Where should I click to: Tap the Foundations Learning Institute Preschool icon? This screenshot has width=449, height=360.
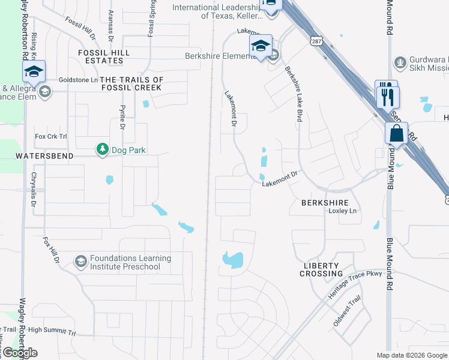80,262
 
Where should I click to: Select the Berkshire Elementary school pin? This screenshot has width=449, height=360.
261,46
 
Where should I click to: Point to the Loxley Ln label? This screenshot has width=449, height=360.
343,211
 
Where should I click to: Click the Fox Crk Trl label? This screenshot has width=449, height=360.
51,137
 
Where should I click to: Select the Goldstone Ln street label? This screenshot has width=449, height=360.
77,80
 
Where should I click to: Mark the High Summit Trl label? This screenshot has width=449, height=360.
52,330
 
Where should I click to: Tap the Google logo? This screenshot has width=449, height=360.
20,353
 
